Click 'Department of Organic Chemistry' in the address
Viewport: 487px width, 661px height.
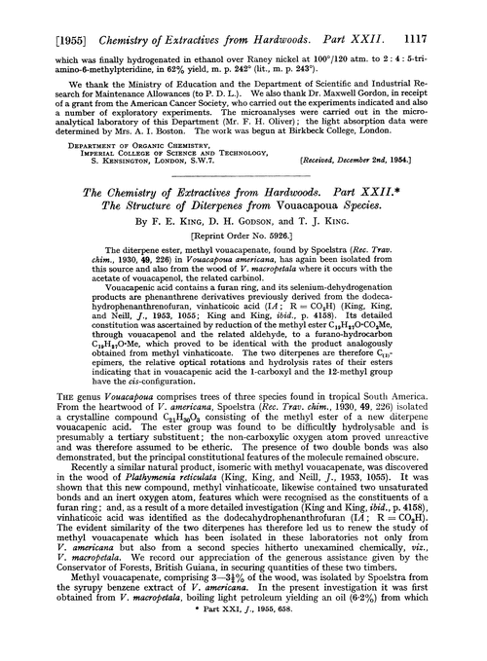[107, 125]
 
